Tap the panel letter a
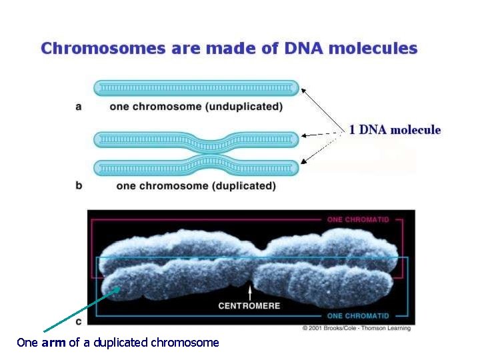click(x=79, y=106)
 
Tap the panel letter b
click(x=79, y=185)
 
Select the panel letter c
click(x=79, y=321)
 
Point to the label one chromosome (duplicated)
click(x=195, y=186)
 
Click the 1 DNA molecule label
click(x=395, y=129)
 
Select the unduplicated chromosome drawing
click(x=196, y=87)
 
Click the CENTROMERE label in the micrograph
click(x=249, y=306)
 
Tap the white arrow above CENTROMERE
click(x=249, y=292)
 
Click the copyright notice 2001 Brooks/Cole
click(x=357, y=328)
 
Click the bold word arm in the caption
click(x=54, y=343)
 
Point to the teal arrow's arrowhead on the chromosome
click(x=119, y=289)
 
